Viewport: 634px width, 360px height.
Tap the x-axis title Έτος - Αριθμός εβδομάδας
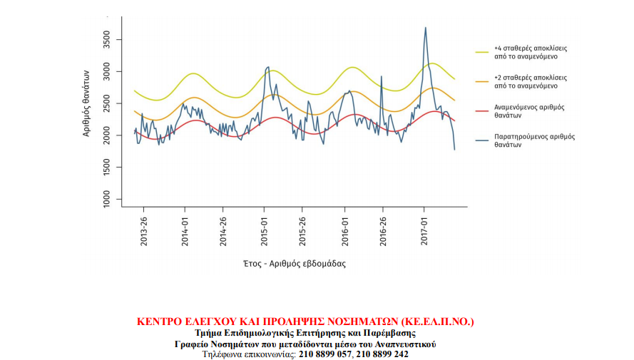294,263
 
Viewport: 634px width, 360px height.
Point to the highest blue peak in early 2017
426,28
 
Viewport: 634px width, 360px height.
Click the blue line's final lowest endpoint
454,149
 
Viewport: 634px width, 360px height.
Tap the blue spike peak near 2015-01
267,67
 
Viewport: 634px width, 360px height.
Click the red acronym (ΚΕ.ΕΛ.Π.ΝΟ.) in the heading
437,322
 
